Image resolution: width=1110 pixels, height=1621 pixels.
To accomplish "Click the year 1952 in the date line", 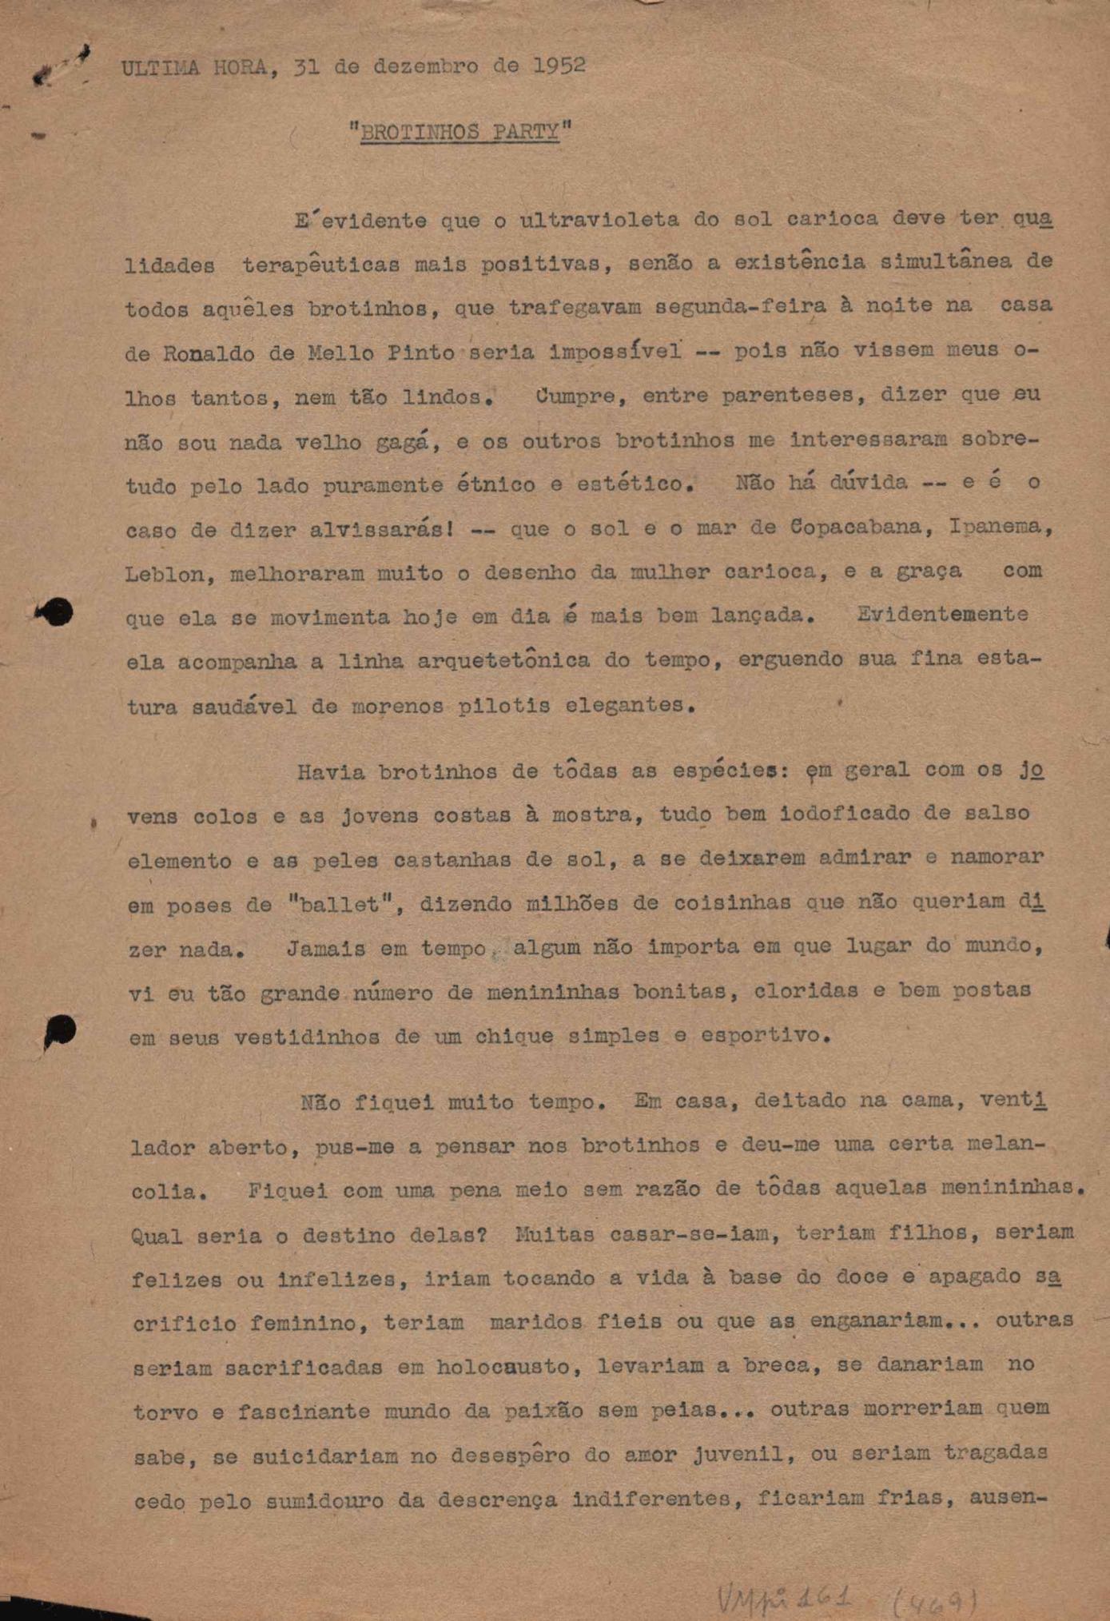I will tap(559, 66).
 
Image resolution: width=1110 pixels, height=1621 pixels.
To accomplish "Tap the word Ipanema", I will tap(999, 528).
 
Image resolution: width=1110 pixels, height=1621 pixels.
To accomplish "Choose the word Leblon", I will tap(163, 574).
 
